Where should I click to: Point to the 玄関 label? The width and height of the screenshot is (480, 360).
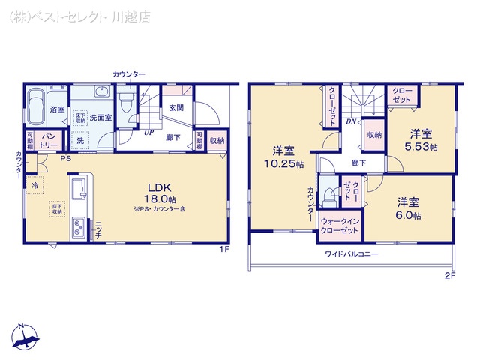point(177,107)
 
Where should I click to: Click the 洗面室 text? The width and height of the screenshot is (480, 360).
point(100,118)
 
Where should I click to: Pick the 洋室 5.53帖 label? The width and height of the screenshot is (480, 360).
point(421,140)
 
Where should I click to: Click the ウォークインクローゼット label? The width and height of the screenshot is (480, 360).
point(340,226)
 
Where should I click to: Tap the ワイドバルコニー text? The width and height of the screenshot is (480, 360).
point(351,254)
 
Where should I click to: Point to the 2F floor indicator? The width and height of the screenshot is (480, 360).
point(449,275)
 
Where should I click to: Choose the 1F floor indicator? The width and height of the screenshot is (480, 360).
point(223,249)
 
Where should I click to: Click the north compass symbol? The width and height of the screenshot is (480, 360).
point(26,339)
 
